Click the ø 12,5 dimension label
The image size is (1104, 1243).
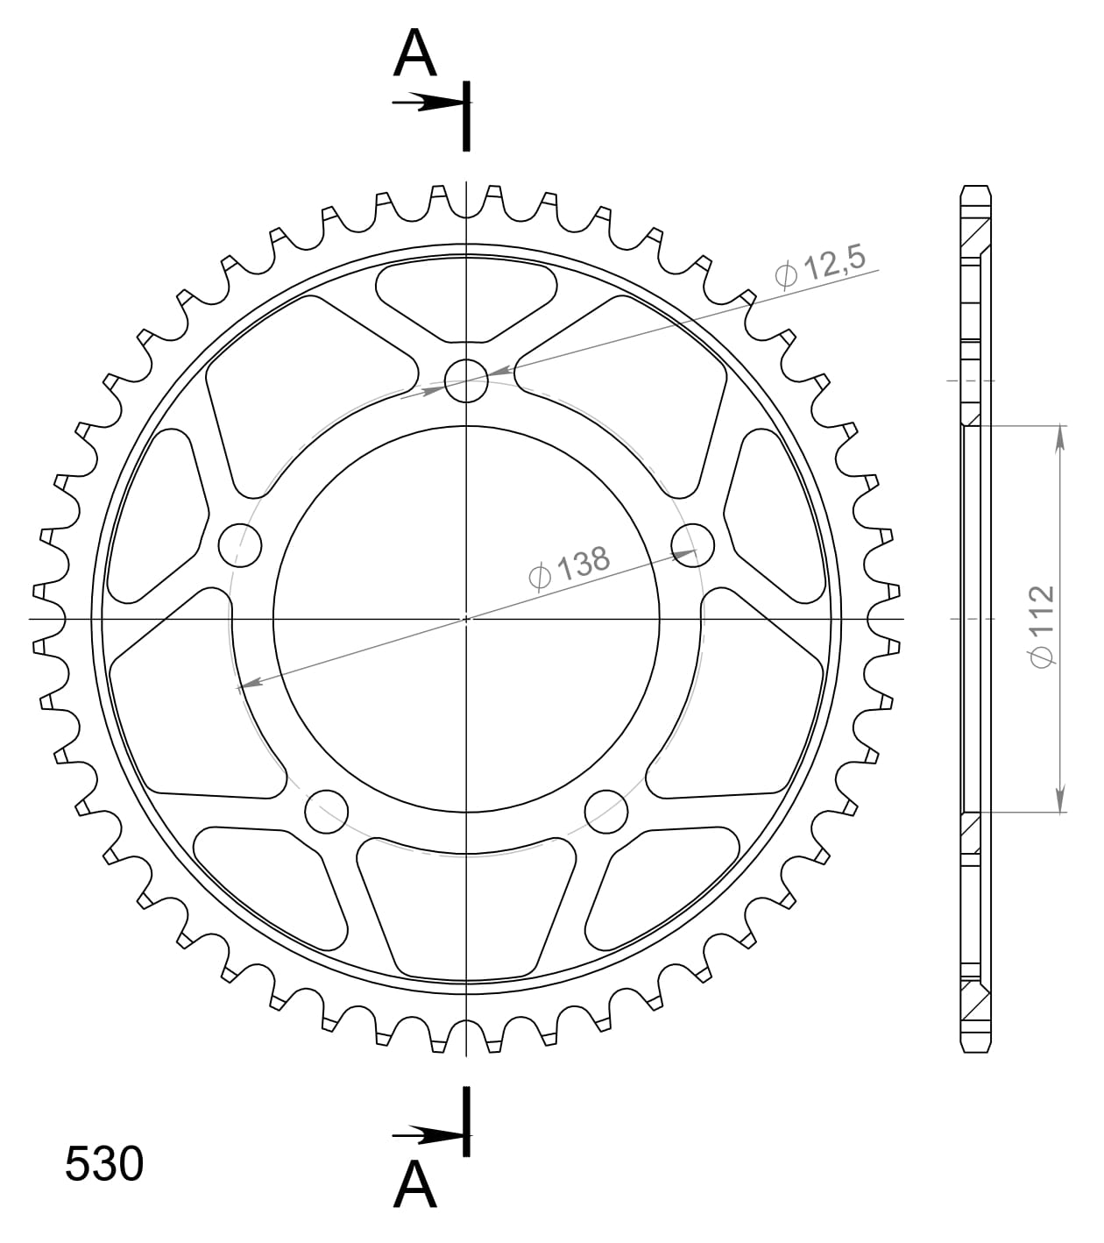click(820, 266)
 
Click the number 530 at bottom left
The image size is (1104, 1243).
click(104, 1165)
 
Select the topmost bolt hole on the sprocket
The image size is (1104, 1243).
click(466, 380)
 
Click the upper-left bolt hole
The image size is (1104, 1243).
click(239, 544)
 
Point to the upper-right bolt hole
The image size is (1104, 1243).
click(693, 544)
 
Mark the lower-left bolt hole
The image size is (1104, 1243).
click(326, 811)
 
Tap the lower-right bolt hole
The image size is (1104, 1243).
click(606, 811)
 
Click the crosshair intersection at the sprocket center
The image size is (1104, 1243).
click(466, 619)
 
